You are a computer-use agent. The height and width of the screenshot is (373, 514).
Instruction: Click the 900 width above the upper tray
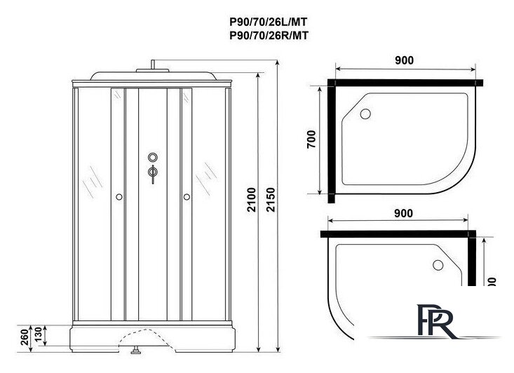(403, 60)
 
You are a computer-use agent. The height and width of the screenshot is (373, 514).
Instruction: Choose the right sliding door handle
(187, 198)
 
